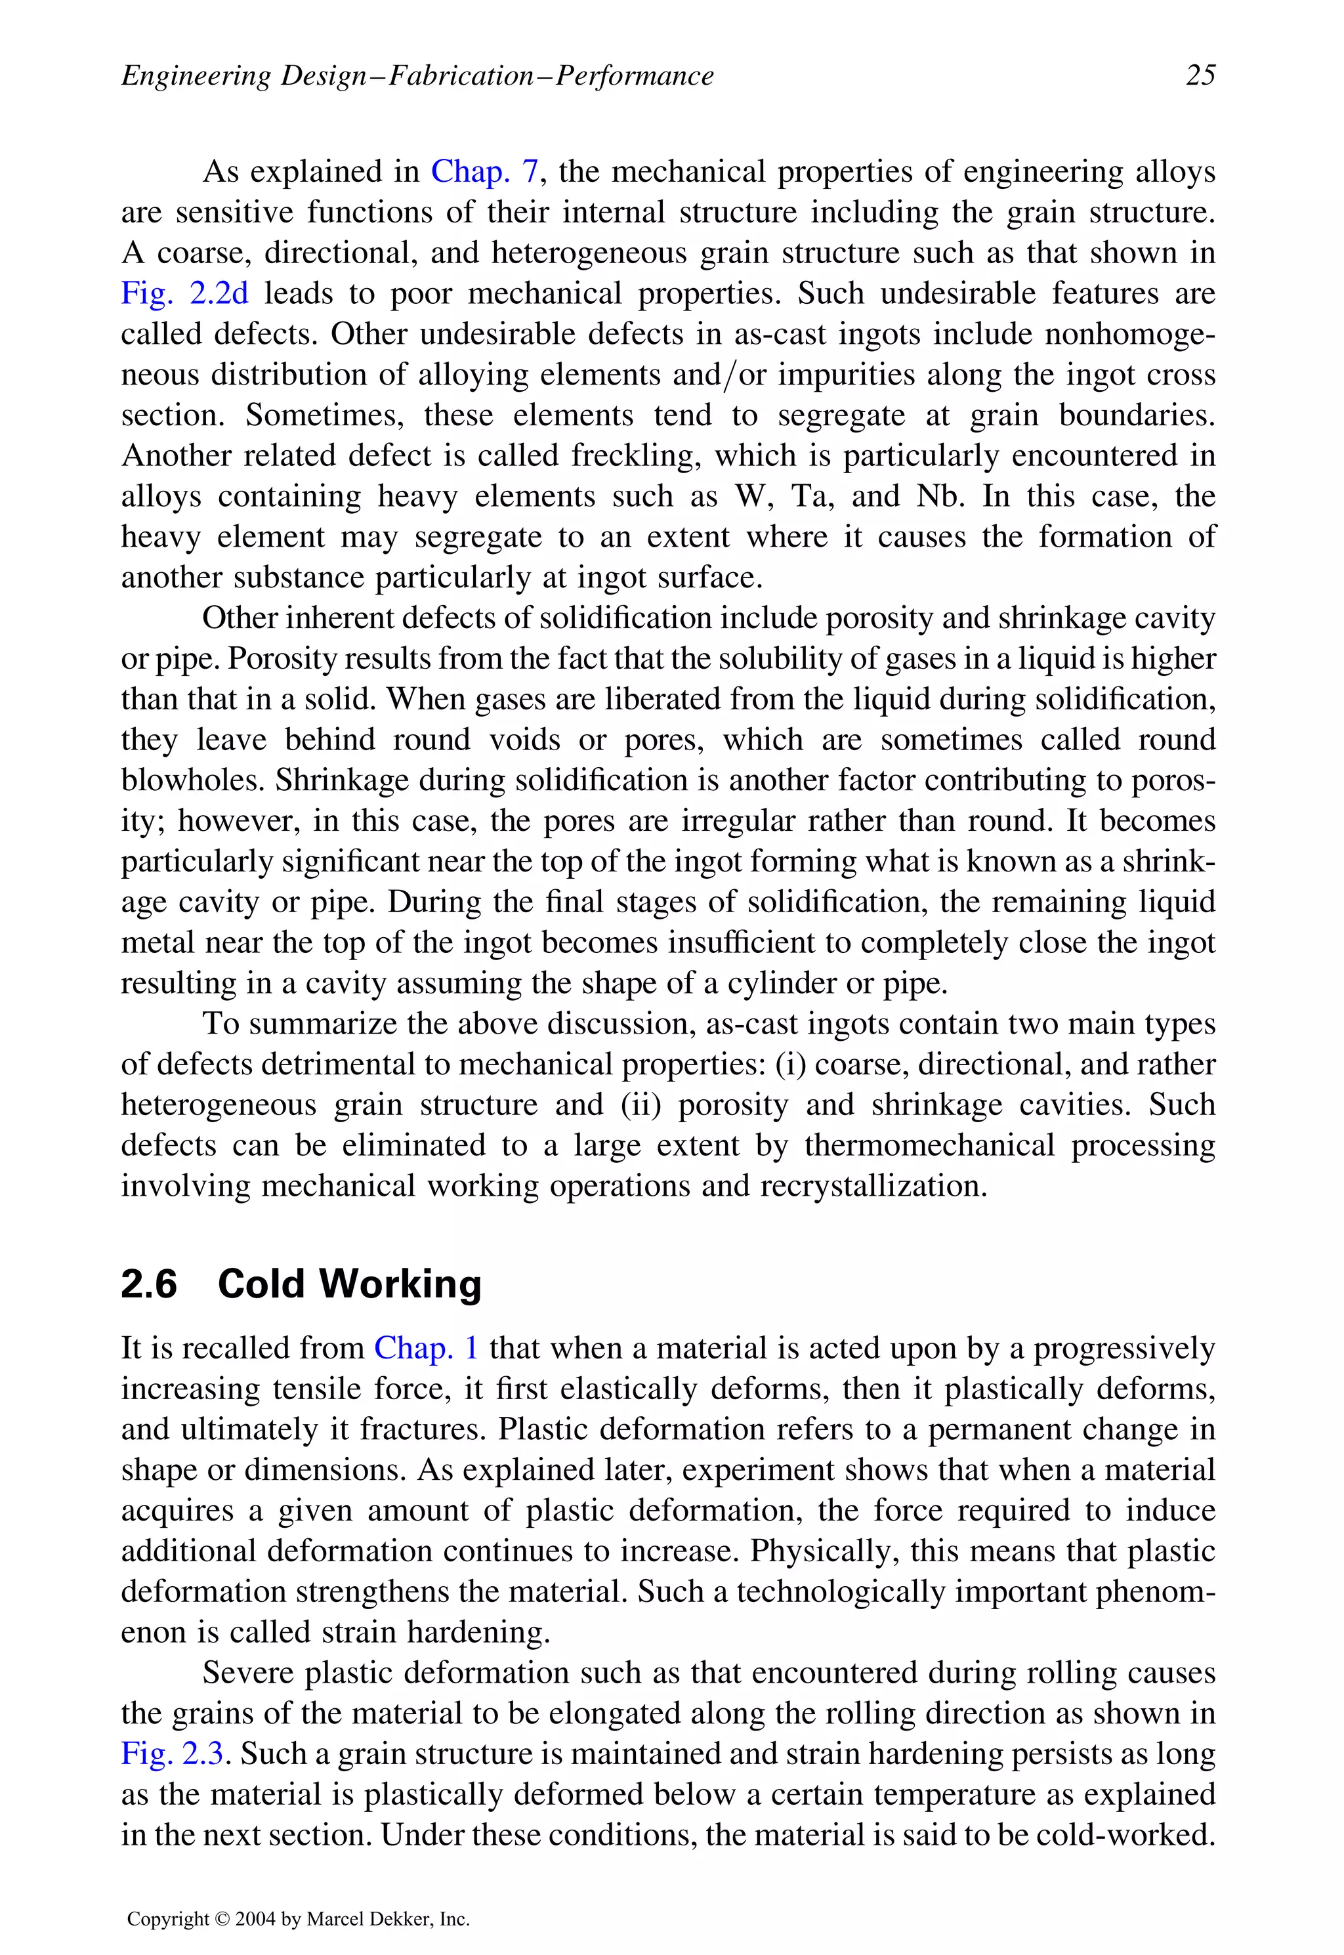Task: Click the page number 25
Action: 1200,75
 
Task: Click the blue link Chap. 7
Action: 484,172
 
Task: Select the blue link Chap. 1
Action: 426,1348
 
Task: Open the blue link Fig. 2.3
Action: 172,1754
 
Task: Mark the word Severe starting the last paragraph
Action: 249,1673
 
